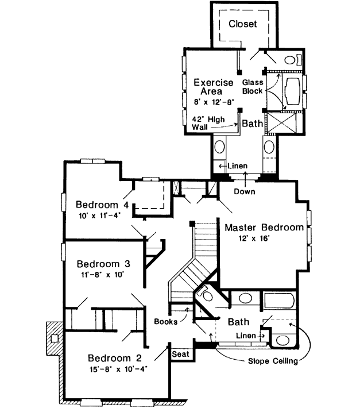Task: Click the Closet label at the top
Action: pos(243,24)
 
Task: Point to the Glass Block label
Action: pos(253,87)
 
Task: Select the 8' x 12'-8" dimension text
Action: pos(214,102)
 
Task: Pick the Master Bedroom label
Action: pos(264,228)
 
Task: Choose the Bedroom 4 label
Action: pos(102,205)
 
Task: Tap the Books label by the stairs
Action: pos(166,322)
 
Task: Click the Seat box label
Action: pos(181,354)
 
